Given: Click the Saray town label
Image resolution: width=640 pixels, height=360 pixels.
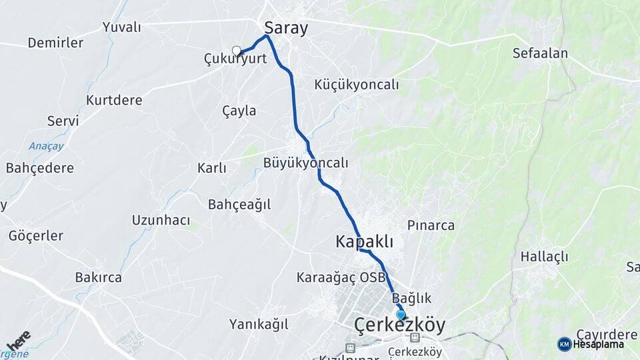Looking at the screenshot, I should [286, 28].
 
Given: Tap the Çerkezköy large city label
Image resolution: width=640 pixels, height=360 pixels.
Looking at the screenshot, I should [399, 325].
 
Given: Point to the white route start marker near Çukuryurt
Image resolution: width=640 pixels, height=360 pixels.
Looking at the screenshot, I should [236, 50].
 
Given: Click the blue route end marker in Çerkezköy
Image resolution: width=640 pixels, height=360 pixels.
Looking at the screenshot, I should [401, 315].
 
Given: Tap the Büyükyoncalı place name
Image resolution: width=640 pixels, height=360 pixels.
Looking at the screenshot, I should [305, 163].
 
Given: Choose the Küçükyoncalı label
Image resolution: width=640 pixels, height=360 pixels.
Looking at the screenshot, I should [356, 85].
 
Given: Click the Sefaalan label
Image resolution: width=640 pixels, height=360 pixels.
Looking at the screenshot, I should [539, 53].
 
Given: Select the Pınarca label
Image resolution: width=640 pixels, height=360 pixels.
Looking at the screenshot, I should [431, 225].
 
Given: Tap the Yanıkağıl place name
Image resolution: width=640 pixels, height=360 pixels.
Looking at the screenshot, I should [259, 325].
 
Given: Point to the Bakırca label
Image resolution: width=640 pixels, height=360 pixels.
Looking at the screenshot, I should [98, 277].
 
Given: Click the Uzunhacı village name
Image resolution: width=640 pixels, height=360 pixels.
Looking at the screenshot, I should [161, 220].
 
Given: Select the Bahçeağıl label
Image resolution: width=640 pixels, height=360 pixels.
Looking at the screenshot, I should [239, 205].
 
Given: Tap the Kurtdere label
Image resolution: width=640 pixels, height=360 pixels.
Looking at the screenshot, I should [114, 101].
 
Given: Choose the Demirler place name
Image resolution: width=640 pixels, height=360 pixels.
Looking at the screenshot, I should [55, 43].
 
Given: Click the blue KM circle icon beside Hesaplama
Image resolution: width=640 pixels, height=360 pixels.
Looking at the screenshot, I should [564, 344].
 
